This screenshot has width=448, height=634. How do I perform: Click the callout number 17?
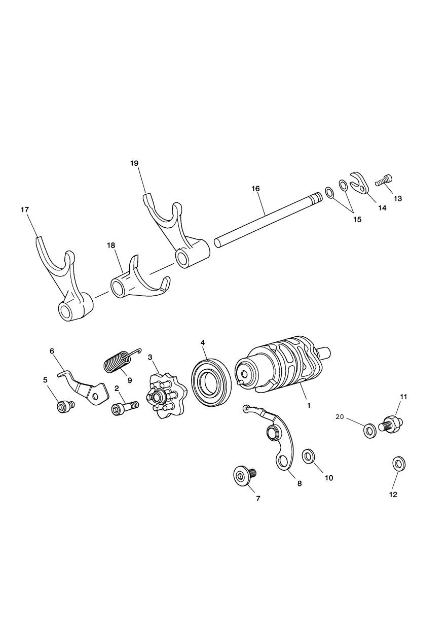(x=25, y=209)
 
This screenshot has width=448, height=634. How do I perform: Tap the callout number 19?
(x=134, y=163)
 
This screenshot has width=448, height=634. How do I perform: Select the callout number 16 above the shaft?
(x=255, y=189)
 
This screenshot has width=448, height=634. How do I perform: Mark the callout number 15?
(x=357, y=220)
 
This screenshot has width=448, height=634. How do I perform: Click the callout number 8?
(x=300, y=484)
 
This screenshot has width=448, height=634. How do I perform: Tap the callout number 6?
(x=52, y=350)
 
